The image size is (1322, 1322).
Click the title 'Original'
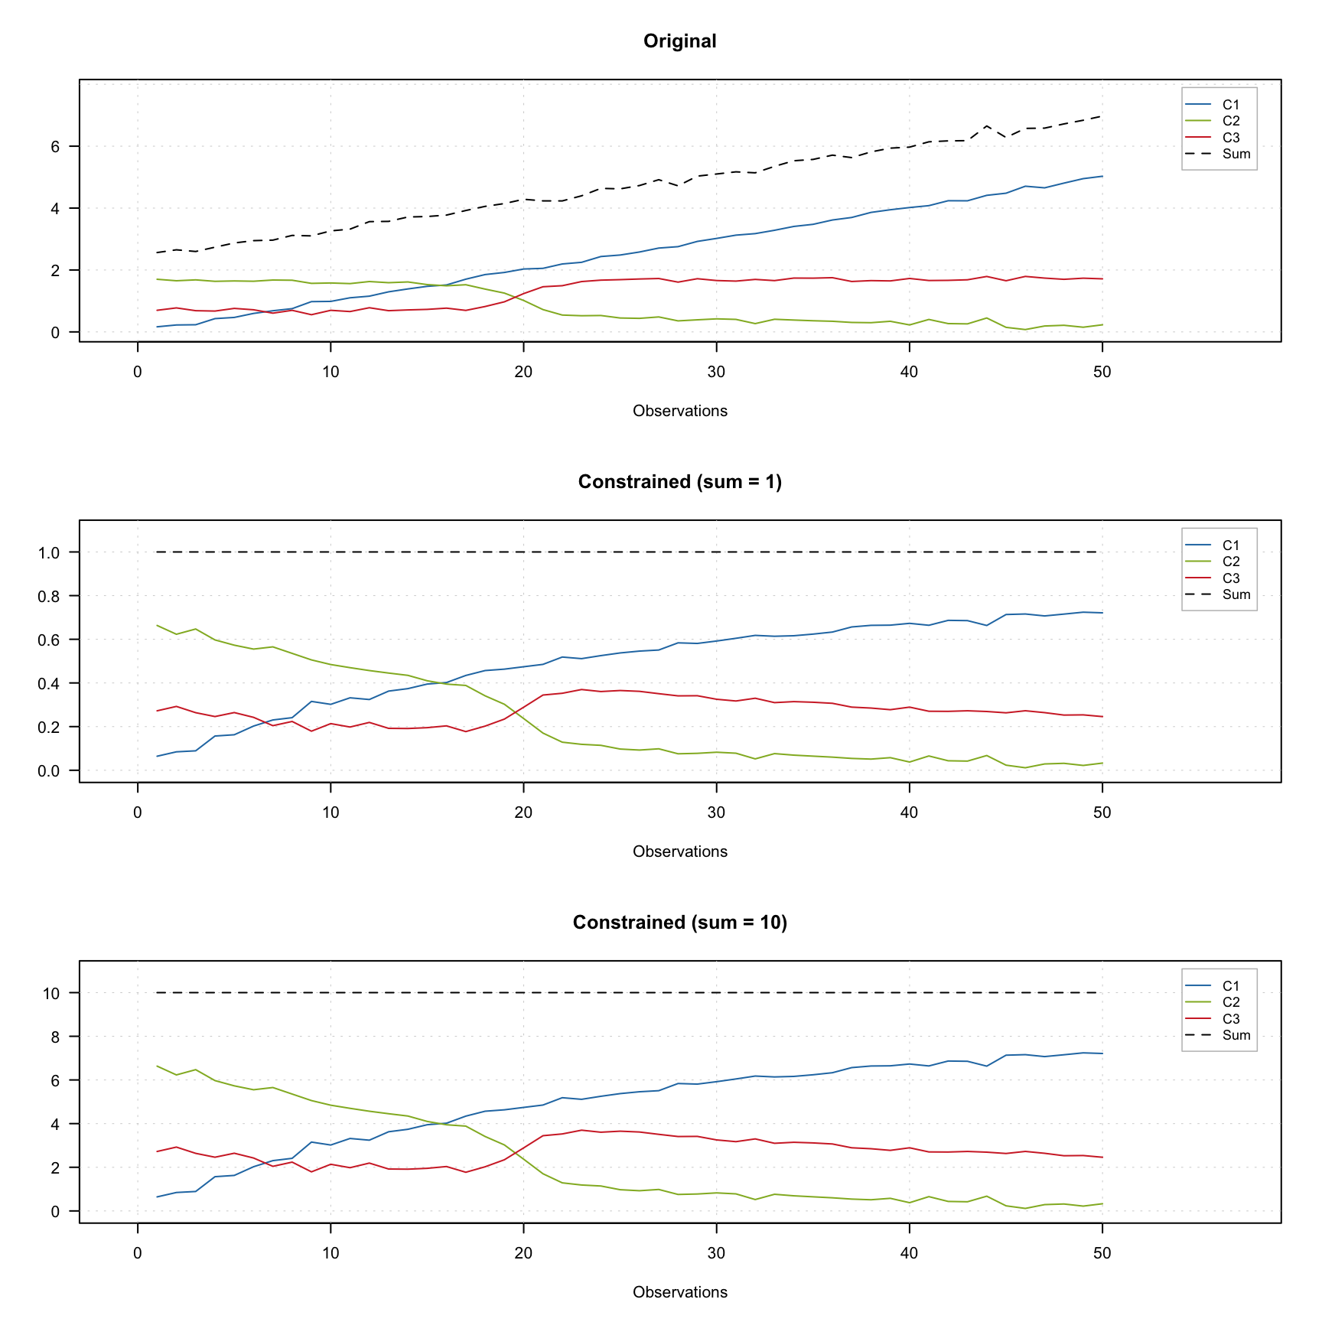(x=679, y=41)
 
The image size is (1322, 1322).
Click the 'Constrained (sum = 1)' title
(x=679, y=482)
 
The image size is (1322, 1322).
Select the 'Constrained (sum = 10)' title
(x=679, y=923)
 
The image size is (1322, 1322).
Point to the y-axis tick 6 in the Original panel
(x=55, y=146)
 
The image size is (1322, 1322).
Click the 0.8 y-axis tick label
(x=48, y=596)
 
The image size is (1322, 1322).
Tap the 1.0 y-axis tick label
(x=48, y=552)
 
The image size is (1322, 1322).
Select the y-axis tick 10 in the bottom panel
(x=51, y=993)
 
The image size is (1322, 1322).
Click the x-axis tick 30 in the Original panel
(x=716, y=373)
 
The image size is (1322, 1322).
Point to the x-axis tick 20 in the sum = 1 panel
(x=523, y=813)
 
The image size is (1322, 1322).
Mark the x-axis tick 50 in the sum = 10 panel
(x=1102, y=1254)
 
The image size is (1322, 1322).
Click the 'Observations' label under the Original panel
(x=679, y=411)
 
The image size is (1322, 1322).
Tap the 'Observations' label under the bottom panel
(x=679, y=1292)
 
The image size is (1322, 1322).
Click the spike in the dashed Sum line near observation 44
(x=987, y=126)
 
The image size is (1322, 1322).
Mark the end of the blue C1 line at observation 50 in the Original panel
(x=1102, y=176)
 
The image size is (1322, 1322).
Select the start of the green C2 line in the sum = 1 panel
(x=157, y=625)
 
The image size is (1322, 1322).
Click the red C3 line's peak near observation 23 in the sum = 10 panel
(x=581, y=1130)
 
